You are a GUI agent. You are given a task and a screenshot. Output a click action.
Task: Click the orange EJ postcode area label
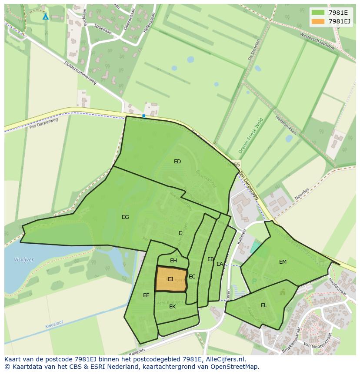[170, 279]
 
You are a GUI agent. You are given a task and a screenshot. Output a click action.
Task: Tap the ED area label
[177, 162]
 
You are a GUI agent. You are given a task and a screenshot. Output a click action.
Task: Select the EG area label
[125, 217]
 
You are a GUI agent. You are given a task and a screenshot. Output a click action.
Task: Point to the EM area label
[283, 262]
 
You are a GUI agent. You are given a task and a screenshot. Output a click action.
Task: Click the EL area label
[264, 305]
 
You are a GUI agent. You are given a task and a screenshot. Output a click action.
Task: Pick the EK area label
[172, 307]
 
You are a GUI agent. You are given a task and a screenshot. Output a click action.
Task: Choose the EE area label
[146, 295]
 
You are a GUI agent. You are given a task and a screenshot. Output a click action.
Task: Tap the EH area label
[173, 261]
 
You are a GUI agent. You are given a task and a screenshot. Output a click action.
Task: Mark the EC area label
[192, 277]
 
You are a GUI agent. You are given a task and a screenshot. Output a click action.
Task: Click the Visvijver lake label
[23, 260]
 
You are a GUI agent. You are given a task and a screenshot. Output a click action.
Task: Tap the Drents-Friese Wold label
[251, 136]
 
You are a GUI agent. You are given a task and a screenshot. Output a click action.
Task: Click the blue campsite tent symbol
[46, 17]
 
